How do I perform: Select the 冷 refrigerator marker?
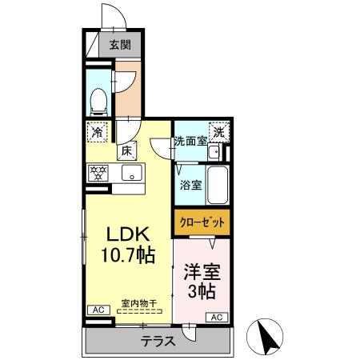97,130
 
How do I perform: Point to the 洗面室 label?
191,142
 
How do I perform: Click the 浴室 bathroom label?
190,184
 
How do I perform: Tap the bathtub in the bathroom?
218,186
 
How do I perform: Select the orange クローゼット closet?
202,221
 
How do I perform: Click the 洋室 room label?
202,270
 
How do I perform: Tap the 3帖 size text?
202,290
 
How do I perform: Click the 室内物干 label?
138,302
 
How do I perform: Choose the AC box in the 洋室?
217,318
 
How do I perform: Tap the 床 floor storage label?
126,150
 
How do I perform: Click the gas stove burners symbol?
98,171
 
